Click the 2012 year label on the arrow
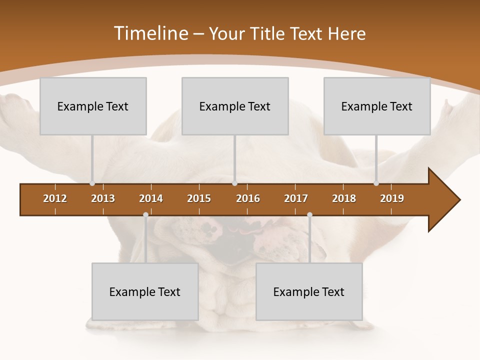click(55, 198)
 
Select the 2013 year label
click(103, 198)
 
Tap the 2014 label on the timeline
click(151, 198)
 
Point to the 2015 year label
click(199, 198)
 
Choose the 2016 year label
click(248, 198)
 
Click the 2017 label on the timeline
click(296, 198)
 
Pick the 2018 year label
click(344, 198)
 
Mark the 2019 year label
click(392, 198)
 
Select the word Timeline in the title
click(150, 33)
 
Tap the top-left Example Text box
click(93, 106)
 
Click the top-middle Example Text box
click(235, 106)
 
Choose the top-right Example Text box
click(377, 106)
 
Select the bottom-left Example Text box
click(145, 291)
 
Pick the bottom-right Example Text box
click(309, 291)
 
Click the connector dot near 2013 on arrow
click(92, 183)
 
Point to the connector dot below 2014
click(145, 215)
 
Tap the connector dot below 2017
click(309, 215)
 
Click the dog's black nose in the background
click(235, 247)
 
